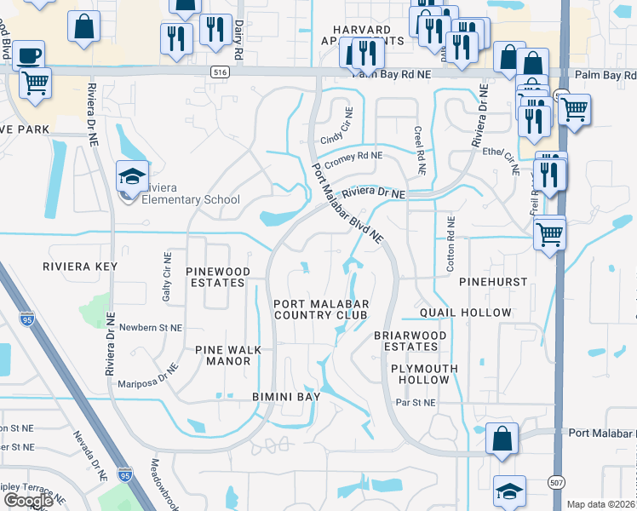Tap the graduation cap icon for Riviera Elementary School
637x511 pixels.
[132, 177]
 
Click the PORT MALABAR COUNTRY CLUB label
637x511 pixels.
[320, 309]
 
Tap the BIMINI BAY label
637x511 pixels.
[286, 397]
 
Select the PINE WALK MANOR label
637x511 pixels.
[223, 355]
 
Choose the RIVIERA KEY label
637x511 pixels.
[80, 267]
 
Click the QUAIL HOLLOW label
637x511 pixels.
[465, 313]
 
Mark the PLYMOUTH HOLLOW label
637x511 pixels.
[424, 374]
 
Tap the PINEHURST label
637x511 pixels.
[493, 281]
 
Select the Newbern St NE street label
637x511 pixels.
[150, 327]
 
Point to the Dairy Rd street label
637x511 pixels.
[238, 41]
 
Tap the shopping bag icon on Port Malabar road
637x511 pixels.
[502, 439]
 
